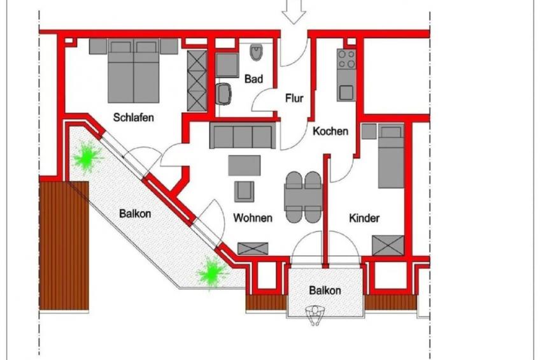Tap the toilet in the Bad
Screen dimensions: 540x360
256,52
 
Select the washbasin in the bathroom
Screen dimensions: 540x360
224,94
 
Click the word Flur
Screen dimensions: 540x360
294,99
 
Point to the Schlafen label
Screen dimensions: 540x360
133,117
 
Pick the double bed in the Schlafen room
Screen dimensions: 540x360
134,71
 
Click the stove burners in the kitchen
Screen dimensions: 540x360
346,59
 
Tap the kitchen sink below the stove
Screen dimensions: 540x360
346,92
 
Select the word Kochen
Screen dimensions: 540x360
330,131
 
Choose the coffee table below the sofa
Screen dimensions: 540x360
244,166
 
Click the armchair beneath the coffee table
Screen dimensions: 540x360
244,191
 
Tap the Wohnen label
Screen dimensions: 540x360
253,218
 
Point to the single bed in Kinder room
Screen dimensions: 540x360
391,156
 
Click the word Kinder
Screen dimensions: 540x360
364,218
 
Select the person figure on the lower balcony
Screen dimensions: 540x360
315,315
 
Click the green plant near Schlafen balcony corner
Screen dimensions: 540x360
87,157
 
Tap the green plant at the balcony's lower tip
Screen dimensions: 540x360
212,271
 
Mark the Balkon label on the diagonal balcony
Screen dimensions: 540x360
135,213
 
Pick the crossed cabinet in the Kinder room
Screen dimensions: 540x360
388,245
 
